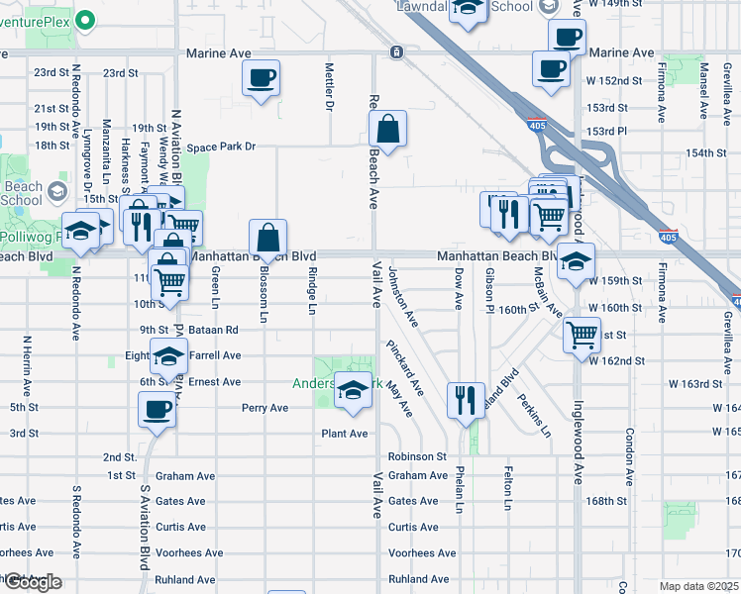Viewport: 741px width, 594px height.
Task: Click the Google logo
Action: coord(33,582)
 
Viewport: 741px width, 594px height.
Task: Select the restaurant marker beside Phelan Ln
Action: coord(465,400)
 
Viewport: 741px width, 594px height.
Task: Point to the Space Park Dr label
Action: coord(223,147)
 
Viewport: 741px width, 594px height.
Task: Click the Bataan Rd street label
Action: coord(217,330)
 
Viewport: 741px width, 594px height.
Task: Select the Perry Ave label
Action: coord(265,408)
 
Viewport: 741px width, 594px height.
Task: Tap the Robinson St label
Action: coord(418,456)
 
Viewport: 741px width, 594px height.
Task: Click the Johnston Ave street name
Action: coord(403,297)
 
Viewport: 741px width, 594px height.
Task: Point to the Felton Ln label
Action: coord(508,487)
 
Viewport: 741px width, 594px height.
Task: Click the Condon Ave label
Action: coord(628,456)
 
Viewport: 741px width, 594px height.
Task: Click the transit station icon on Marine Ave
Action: coord(396,51)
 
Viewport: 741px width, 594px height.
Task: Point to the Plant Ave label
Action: coord(344,434)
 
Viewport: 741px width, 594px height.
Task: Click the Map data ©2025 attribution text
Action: coord(698,586)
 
